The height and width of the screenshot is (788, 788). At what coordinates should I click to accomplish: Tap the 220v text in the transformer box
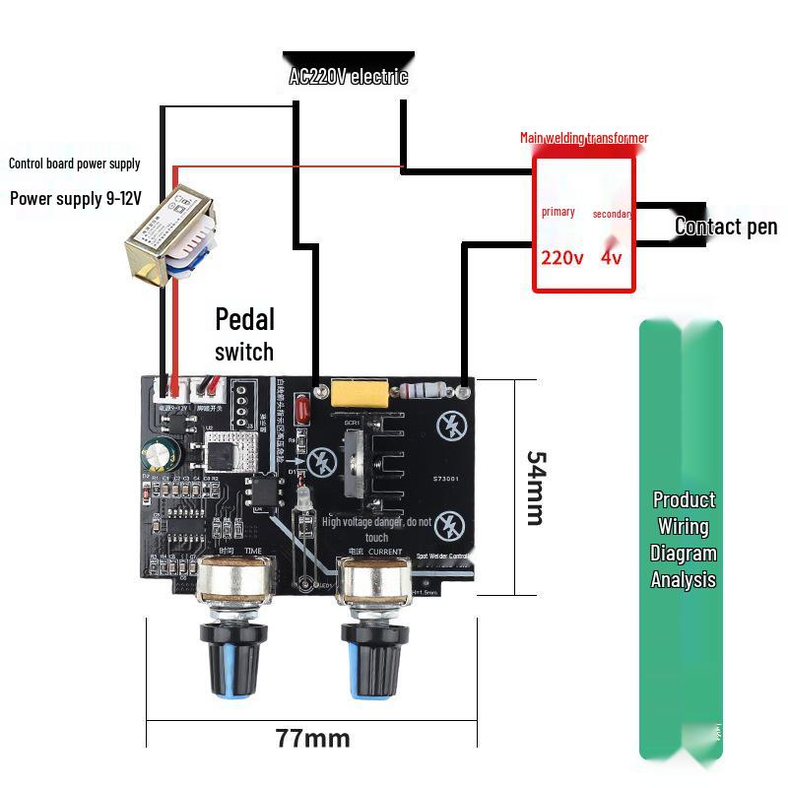tap(561, 258)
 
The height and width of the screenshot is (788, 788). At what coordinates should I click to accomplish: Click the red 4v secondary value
tap(612, 258)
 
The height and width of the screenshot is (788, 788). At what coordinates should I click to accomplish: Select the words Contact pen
tap(726, 227)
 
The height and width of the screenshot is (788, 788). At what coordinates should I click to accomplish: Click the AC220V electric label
tap(348, 77)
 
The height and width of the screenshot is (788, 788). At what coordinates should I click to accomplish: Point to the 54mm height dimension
tap(535, 488)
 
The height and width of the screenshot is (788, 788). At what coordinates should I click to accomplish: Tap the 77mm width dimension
tap(312, 738)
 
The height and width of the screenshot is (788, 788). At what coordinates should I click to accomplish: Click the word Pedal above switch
tap(244, 319)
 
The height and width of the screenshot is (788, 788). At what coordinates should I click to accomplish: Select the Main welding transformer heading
tap(584, 138)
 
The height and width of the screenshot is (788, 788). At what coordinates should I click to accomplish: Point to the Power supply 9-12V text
tap(76, 198)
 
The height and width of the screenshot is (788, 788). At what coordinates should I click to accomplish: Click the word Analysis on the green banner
tap(683, 580)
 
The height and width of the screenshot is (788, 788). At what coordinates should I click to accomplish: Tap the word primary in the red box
tap(558, 212)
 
